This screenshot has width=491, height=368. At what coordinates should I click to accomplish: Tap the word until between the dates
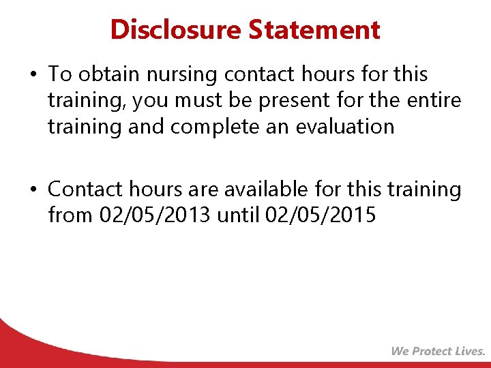click(239, 215)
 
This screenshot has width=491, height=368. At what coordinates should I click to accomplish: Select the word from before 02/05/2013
click(70, 215)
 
